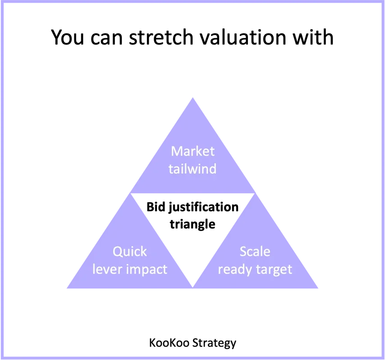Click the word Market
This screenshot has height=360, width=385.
click(193, 151)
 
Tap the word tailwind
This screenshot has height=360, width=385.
click(193, 169)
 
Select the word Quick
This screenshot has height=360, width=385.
click(130, 251)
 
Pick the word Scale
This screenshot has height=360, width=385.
click(255, 251)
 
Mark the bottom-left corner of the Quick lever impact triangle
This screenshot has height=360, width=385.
click(66, 290)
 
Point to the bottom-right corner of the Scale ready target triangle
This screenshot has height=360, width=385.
click(320, 290)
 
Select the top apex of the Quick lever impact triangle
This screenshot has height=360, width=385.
click(130, 193)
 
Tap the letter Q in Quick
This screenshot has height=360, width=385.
click(117, 251)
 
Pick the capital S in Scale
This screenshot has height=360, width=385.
click(243, 251)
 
